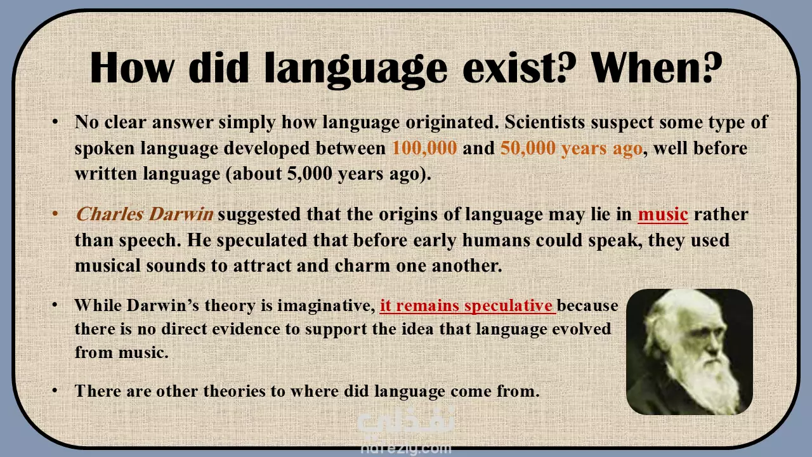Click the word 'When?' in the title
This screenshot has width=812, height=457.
click(657, 67)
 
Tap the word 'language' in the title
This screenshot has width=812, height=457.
click(356, 70)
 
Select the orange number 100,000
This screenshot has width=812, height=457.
click(424, 149)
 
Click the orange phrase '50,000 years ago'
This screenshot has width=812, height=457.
click(572, 149)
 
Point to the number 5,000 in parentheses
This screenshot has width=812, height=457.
click(310, 174)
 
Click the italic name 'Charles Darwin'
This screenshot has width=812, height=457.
click(145, 214)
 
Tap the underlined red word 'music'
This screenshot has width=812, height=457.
click(663, 215)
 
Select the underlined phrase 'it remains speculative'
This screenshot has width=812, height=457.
click(468, 306)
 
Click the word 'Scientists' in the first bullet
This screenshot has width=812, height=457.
click(544, 123)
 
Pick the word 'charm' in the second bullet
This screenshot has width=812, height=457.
click(362, 265)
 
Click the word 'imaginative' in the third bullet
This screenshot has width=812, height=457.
click(326, 306)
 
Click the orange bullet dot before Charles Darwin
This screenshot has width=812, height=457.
click(55, 213)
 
